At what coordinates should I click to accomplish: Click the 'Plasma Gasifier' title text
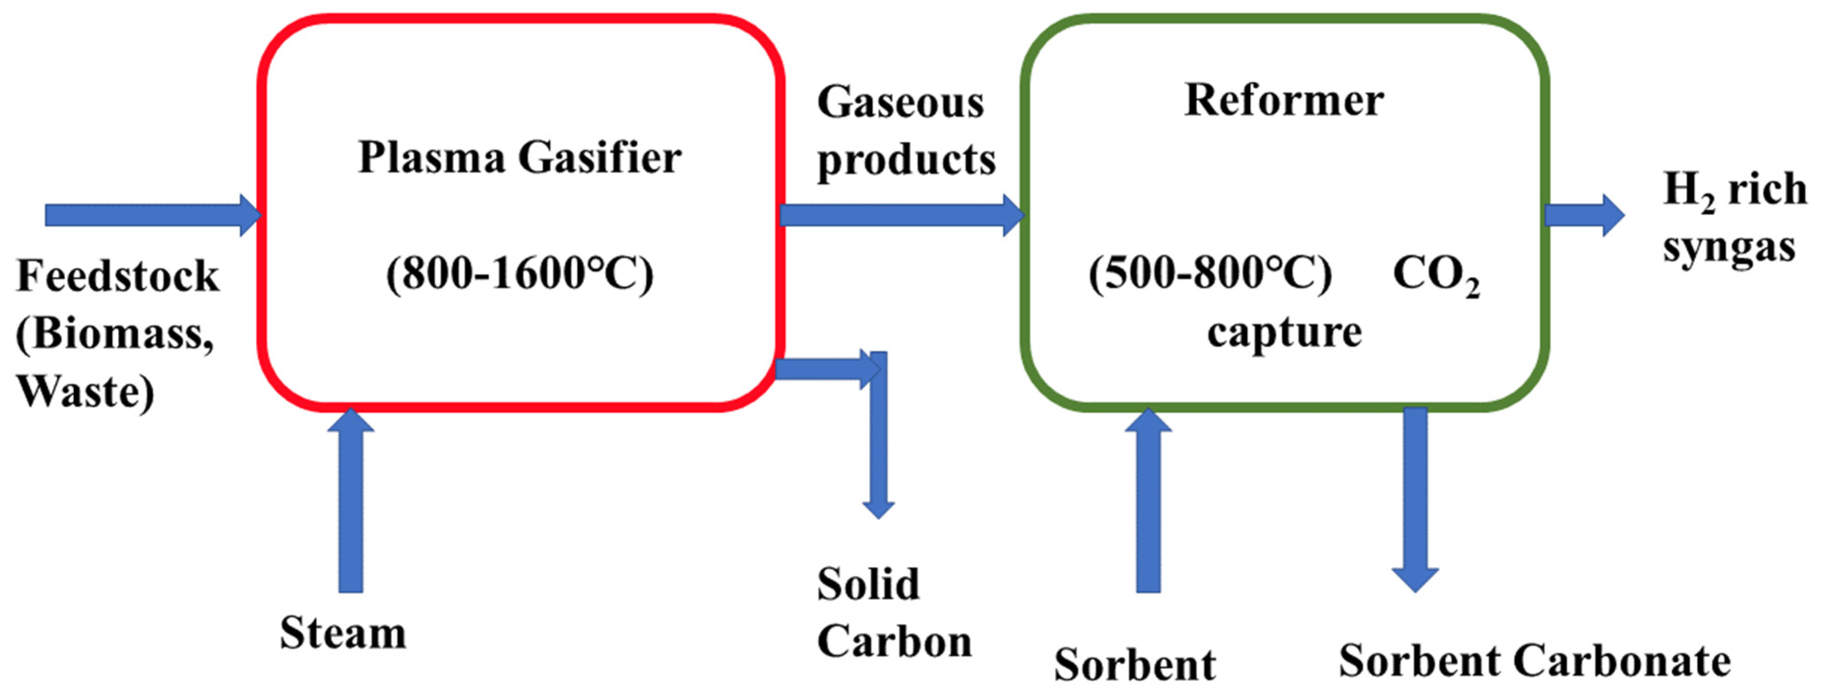pyautogui.click(x=519, y=157)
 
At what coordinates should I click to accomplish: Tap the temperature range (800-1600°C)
pyautogui.click(x=519, y=274)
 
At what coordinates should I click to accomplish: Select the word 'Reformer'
pyautogui.click(x=1284, y=100)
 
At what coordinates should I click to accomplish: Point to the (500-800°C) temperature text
pyautogui.click(x=1209, y=274)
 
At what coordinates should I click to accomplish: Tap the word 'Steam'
pyautogui.click(x=343, y=632)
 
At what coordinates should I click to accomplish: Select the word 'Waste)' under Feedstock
pyautogui.click(x=85, y=392)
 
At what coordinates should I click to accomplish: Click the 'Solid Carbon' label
pyautogui.click(x=894, y=613)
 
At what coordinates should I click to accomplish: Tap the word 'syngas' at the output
pyautogui.click(x=1729, y=248)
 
